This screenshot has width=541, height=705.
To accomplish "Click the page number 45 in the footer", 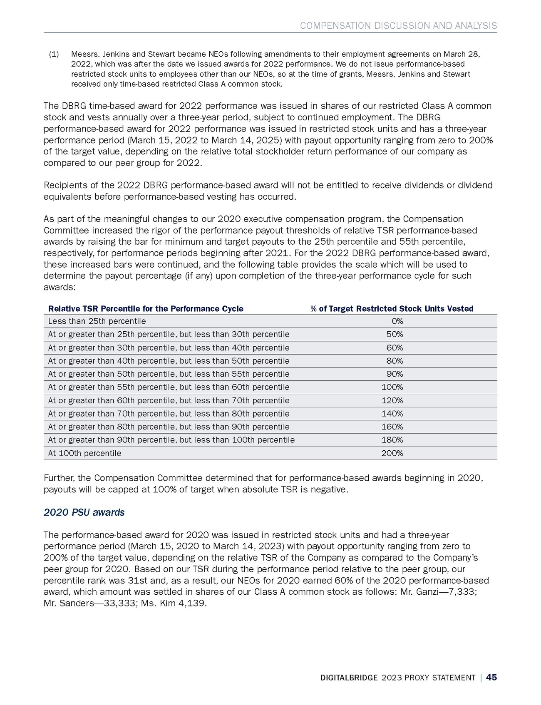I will point(491,678).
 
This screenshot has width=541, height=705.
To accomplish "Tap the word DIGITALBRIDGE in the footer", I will point(349,678).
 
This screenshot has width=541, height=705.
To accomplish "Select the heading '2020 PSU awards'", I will point(84,512).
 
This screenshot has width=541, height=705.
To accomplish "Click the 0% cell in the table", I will point(397,321).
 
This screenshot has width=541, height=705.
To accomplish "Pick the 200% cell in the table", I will point(392,453).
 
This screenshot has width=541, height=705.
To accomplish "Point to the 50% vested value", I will point(395,334).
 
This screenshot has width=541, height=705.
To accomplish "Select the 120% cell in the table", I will point(392,400).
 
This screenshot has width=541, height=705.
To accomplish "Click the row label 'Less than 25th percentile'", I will point(97,321).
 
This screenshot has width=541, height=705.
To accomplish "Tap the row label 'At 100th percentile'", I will point(84,453).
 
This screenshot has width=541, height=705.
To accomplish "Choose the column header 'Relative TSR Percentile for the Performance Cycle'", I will point(146,308).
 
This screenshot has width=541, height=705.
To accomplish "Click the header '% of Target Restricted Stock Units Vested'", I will point(392,308).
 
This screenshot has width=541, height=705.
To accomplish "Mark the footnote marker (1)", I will point(54,54).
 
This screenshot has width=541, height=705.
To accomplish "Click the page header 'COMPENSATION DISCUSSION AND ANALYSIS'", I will point(398,26).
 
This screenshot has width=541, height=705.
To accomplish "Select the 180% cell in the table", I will point(392,440).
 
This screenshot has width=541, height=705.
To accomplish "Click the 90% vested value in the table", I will point(395,374).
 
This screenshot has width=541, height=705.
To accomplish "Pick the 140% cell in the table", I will point(392,414).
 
